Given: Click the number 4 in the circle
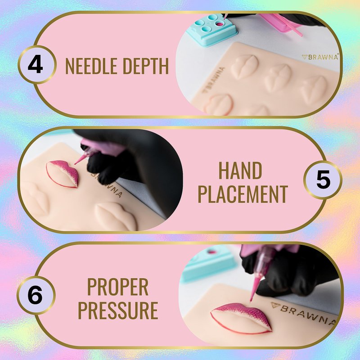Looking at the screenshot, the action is tap(35, 65).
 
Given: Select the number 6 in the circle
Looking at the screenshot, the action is tap(35, 295).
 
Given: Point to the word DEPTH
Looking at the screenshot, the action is tap(146, 66).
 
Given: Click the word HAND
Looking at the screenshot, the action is tap(240, 171).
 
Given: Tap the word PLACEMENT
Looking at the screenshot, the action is tap(243, 194).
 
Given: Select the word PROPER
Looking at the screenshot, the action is tap(118, 287).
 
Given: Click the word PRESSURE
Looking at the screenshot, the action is tap(118, 310).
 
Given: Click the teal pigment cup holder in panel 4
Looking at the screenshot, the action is tap(211, 29).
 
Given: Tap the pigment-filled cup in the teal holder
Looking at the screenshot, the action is tap(220, 24).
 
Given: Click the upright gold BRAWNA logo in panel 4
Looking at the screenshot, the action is tap(320, 57).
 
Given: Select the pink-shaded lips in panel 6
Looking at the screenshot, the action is tap(241, 318).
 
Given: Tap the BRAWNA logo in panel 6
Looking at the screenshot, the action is tap(303, 313).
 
